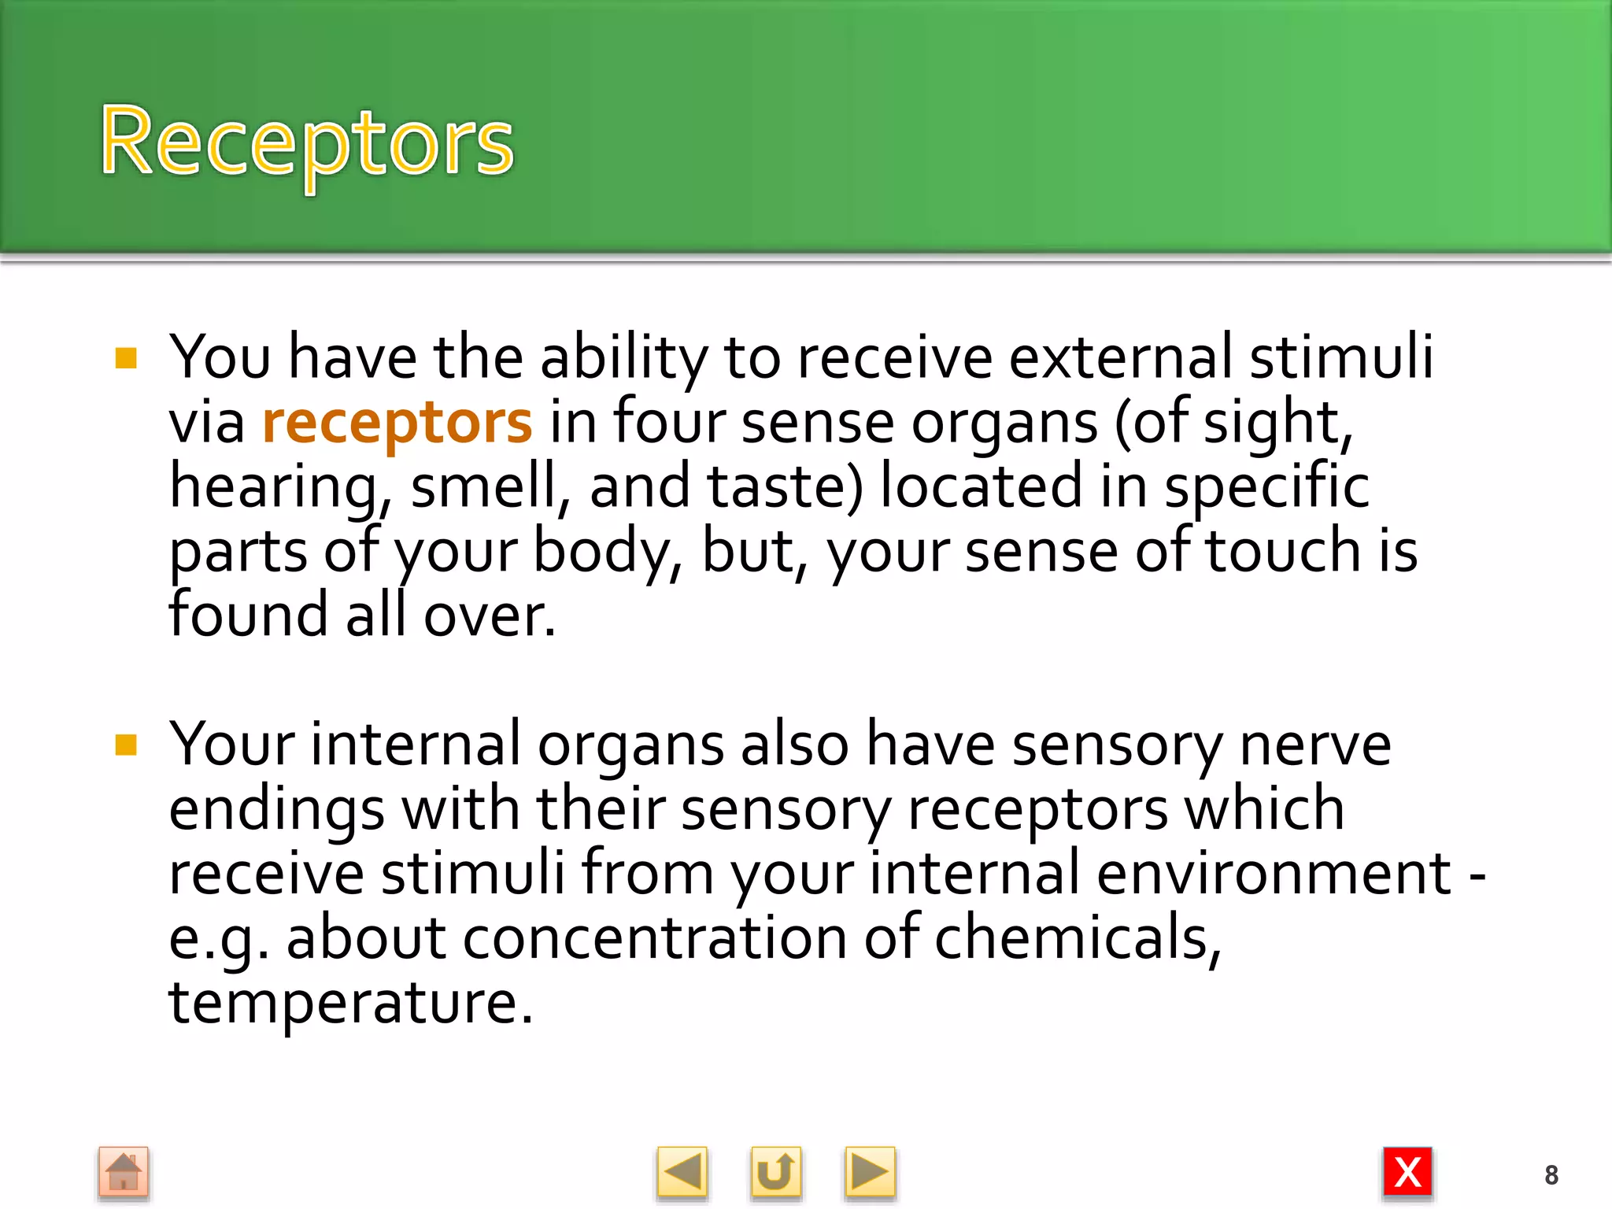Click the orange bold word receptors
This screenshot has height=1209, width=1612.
(397, 423)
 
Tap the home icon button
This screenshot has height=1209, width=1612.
(124, 1173)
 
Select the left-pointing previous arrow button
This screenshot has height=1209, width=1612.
(682, 1173)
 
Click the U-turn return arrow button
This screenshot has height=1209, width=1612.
(775, 1173)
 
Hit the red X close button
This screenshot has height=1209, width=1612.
(1407, 1173)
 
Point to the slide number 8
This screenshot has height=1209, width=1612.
(1551, 1175)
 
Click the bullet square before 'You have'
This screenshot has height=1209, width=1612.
(126, 359)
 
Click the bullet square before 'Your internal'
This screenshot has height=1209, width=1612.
(126, 745)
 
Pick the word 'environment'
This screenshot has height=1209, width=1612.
(1274, 874)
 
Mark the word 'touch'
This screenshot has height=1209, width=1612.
(1283, 551)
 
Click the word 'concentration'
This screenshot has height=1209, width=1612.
(655, 938)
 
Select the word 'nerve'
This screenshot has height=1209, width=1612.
(1315, 745)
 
